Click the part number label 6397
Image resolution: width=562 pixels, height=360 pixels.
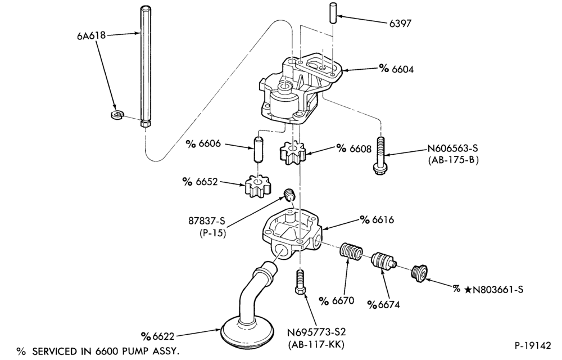400,24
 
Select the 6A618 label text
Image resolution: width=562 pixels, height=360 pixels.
91,35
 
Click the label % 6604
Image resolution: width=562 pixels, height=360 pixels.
396,69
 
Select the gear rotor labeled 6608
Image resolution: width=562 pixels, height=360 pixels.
292,153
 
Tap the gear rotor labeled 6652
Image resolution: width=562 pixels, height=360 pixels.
259,186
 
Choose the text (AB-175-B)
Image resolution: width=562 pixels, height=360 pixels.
453,160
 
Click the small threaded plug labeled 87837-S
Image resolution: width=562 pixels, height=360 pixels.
289,194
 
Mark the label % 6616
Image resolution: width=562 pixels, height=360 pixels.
377,220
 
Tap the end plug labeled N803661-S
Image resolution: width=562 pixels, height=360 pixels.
419,273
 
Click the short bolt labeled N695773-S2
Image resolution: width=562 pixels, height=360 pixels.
300,282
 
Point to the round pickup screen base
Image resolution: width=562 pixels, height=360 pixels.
248,332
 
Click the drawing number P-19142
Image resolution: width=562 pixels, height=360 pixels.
532,345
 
